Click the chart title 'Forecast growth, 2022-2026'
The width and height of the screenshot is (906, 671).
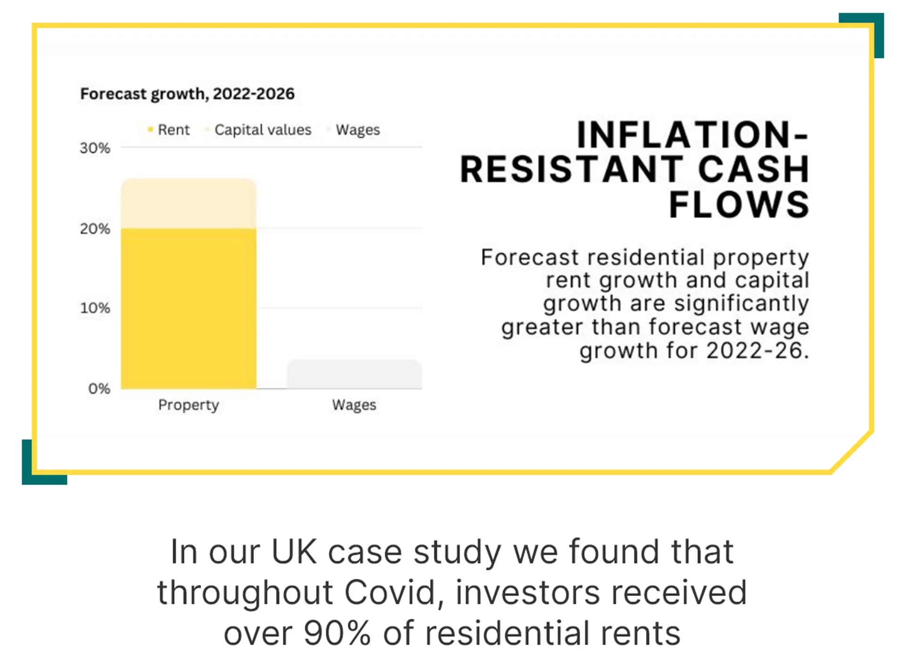[187, 94]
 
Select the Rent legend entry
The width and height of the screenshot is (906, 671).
[168, 130]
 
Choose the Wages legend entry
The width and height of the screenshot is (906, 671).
[353, 130]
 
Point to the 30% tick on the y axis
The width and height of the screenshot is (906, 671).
[95, 148]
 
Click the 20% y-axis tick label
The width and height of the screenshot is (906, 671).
[95, 229]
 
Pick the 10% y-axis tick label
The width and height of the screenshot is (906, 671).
[95, 308]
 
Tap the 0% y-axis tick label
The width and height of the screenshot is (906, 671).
[99, 389]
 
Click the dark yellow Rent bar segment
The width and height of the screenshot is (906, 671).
[189, 309]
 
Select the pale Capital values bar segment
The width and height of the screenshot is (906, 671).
[189, 204]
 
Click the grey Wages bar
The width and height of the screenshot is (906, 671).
[354, 374]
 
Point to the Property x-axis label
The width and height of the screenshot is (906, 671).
[189, 405]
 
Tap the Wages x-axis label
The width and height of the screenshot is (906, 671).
[354, 405]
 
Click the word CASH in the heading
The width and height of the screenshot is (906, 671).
[754, 170]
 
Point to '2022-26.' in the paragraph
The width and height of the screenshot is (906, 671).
[758, 351]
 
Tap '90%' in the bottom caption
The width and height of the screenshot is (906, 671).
[337, 633]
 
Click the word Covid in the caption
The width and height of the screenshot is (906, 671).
[390, 593]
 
